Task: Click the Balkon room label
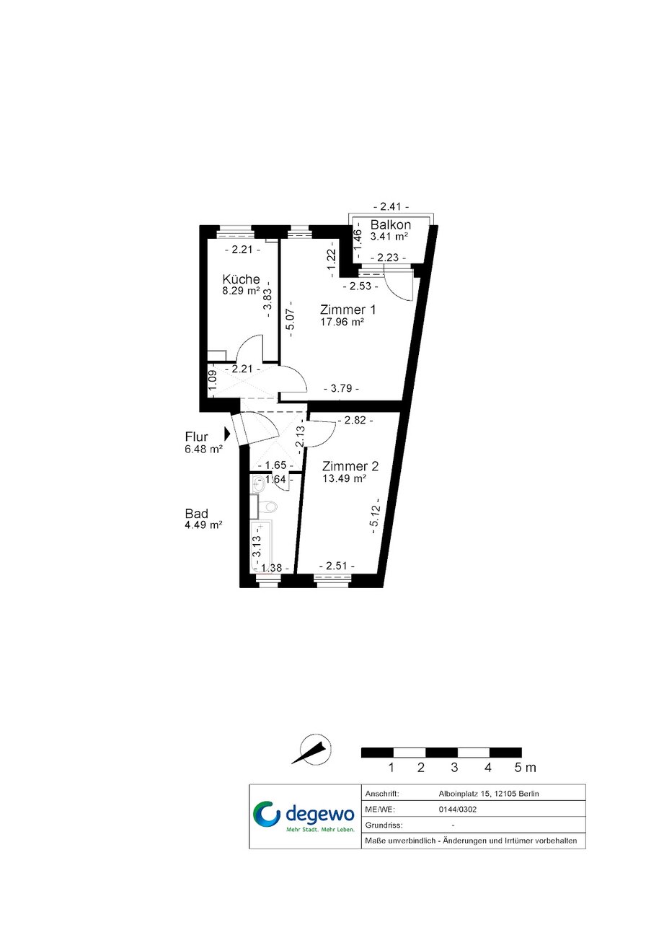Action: pos(390,224)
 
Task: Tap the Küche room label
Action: pos(241,279)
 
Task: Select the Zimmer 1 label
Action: pos(348,310)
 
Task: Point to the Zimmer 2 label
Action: pos(350,466)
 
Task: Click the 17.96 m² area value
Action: pos(342,322)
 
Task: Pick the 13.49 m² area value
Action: pos(345,478)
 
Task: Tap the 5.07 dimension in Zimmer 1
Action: pos(291,319)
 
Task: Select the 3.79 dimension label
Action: pos(341,388)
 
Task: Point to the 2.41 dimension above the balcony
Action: pos(391,206)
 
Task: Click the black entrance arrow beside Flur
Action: pos(227,434)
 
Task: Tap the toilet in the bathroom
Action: pos(267,506)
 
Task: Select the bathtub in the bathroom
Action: pos(261,547)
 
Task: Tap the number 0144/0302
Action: pos(458,810)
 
